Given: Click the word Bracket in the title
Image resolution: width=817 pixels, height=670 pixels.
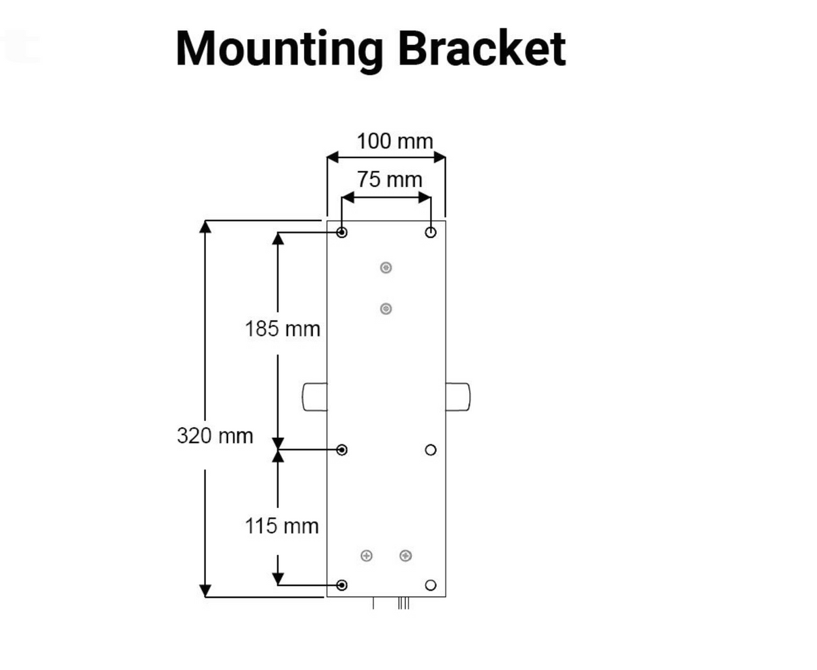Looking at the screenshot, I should tap(481, 48).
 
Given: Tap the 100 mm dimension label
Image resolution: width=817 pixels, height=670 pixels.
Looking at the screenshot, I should tap(394, 142).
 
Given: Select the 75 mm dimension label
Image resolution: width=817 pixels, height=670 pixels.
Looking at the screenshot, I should tap(390, 180).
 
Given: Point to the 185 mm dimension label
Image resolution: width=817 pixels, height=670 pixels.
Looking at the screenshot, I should tap(282, 329).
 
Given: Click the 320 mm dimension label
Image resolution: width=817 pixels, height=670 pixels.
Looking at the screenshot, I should tap(215, 435).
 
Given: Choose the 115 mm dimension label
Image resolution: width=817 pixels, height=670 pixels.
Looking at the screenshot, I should tap(282, 525).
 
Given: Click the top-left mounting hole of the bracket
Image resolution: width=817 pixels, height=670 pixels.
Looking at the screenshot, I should tap(342, 232).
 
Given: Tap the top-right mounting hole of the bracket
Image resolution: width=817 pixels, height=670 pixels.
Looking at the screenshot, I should tap(431, 232).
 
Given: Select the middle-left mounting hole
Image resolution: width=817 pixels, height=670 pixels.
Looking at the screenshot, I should tap(342, 449).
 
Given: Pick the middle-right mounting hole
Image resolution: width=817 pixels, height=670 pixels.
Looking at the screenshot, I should tap(431, 449).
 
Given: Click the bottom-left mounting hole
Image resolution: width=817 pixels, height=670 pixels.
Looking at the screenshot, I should tap(342, 585).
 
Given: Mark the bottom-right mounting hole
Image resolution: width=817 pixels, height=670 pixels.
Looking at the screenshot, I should tap(431, 585).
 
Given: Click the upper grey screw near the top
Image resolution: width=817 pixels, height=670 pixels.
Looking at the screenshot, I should tap(386, 268).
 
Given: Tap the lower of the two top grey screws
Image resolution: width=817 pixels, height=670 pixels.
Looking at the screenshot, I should tap(386, 309).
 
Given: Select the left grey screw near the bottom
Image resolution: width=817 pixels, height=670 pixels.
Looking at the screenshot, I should tap(367, 556).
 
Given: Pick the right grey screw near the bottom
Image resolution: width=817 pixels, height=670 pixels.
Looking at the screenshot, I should tap(405, 556).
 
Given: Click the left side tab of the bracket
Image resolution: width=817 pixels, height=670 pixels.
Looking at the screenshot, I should tap(315, 396).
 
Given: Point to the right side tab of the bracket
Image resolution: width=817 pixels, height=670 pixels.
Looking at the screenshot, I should tap(458, 396).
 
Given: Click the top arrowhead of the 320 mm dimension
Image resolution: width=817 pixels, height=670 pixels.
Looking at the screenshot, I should tap(206, 227).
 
